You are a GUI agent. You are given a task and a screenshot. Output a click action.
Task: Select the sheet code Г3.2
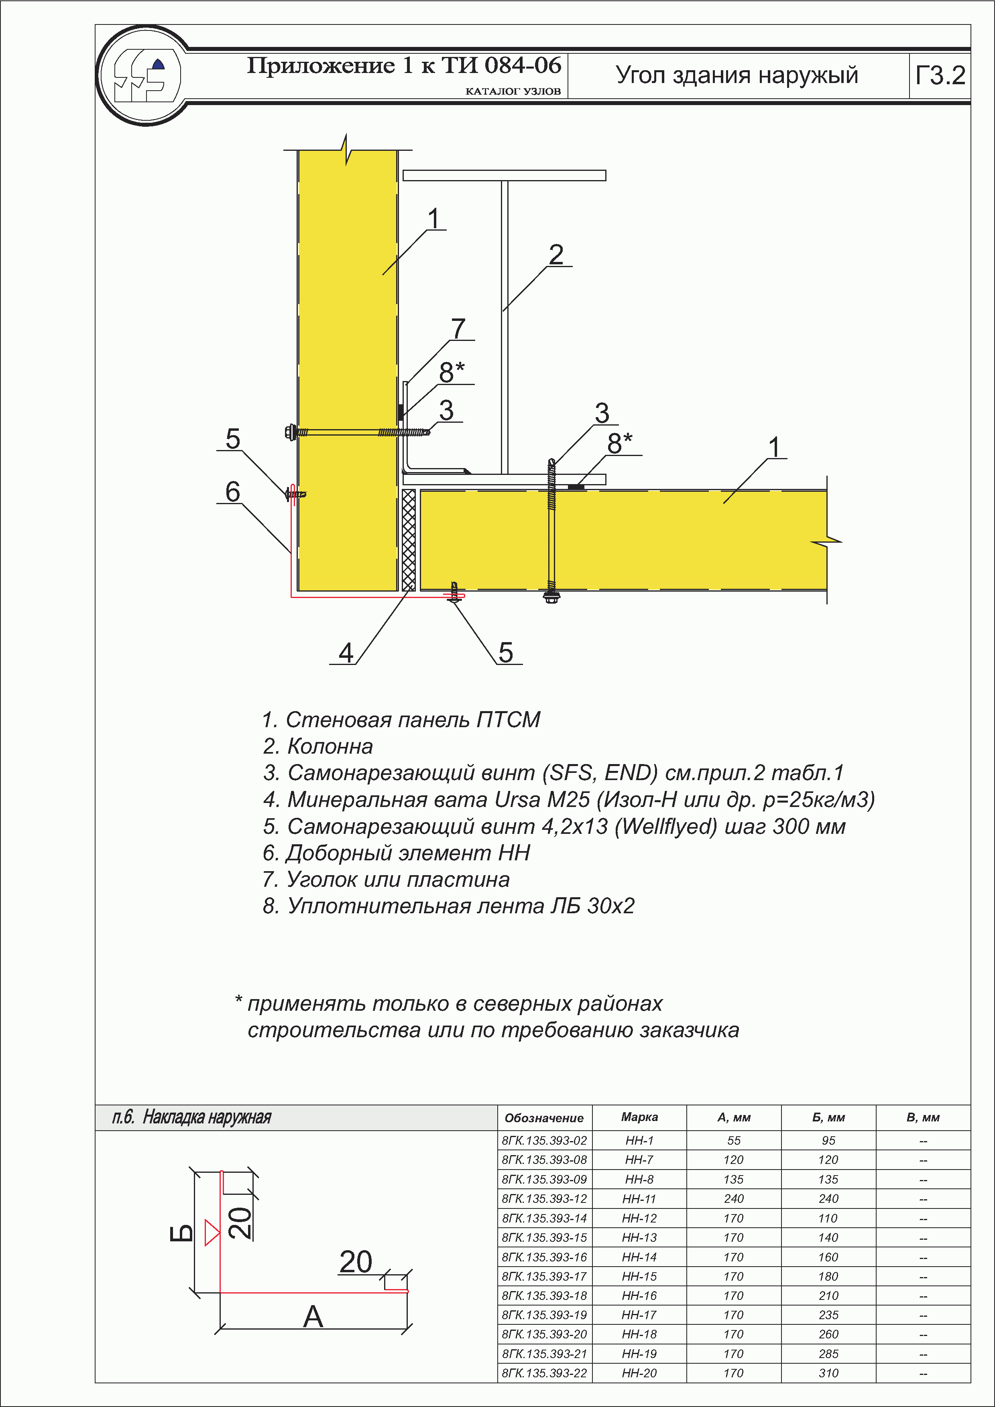940,75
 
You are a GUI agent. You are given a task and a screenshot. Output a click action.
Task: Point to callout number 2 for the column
556,254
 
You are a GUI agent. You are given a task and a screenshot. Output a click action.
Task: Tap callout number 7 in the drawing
458,328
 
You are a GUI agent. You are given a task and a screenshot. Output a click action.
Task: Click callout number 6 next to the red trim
232,491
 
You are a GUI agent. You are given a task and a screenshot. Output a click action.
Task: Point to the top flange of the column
504,175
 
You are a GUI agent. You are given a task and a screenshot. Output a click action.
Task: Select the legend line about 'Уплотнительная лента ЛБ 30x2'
448,905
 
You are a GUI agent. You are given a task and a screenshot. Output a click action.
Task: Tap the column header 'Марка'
639,1117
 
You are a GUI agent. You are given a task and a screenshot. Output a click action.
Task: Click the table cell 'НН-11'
639,1199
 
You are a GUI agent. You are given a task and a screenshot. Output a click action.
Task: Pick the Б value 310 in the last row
828,1373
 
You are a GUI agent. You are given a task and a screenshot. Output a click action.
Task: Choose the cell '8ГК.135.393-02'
544,1140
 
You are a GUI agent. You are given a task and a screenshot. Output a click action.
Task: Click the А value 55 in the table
734,1140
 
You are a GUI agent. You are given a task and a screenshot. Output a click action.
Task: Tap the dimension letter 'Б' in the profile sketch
181,1233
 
